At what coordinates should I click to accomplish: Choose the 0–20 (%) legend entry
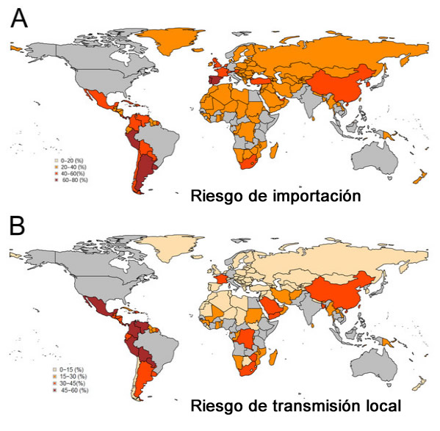point(71,159)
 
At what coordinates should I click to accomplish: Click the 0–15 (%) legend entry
point(71,369)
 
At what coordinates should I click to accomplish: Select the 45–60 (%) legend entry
point(73,390)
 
